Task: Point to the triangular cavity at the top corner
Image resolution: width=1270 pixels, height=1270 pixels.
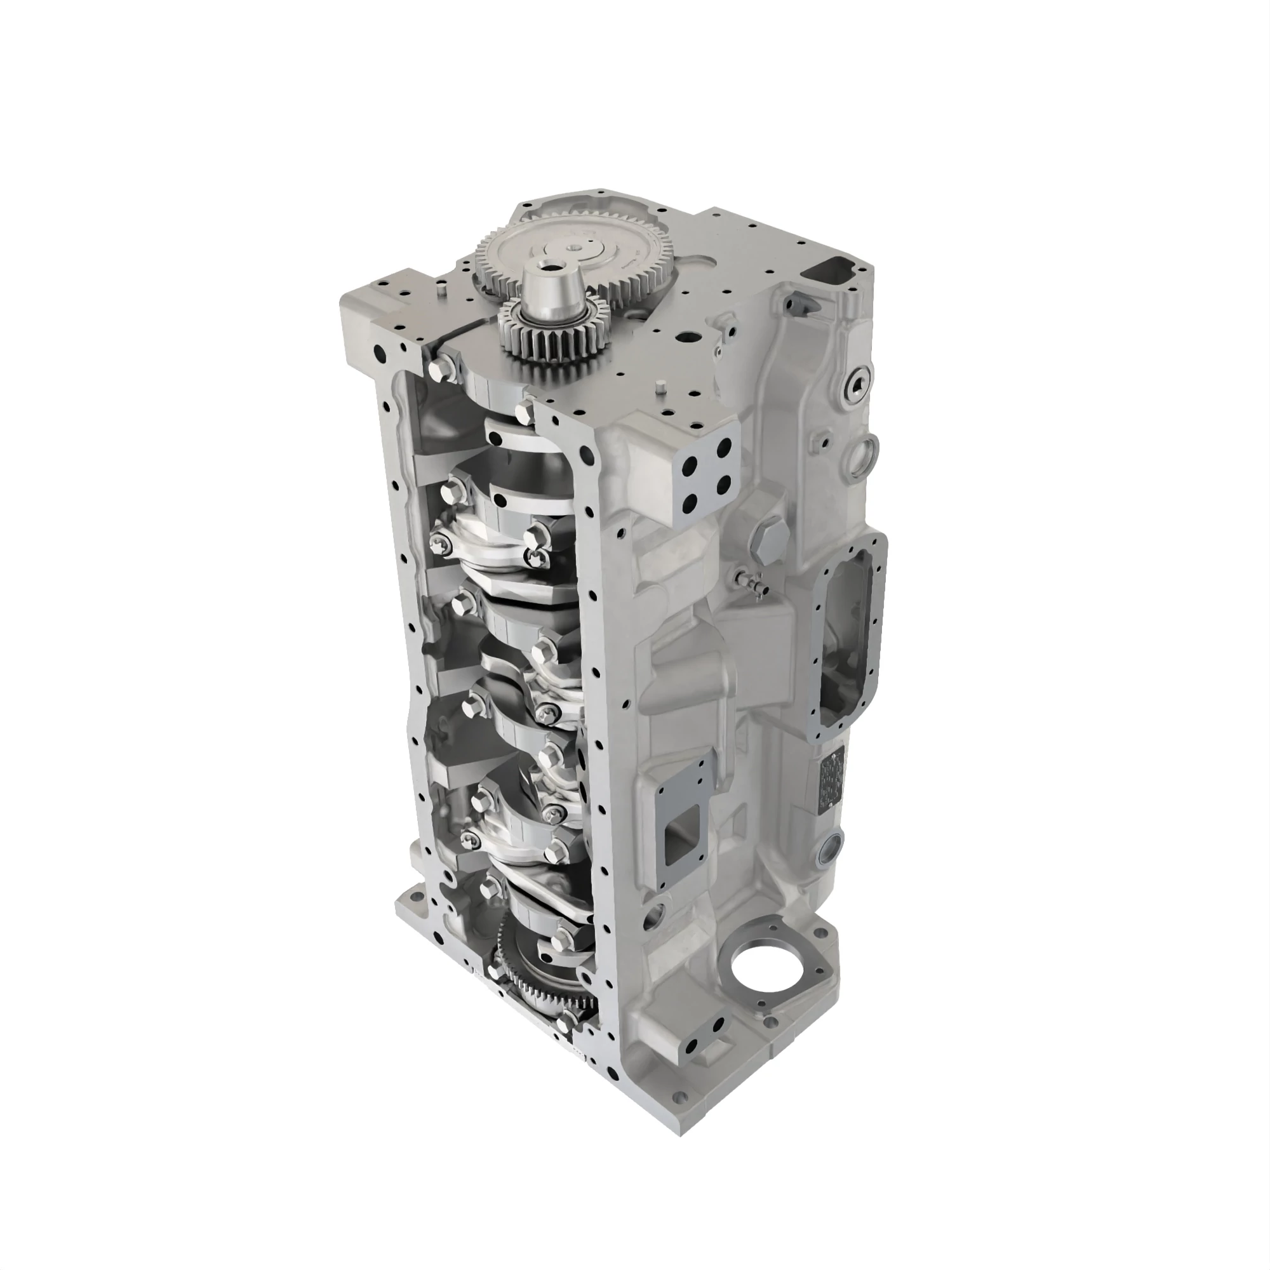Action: (x=835, y=269)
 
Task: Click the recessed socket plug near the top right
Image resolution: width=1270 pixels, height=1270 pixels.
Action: (x=859, y=386)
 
